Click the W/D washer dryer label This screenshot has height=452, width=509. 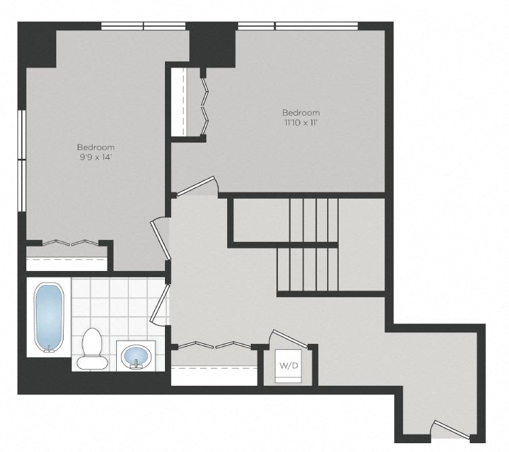tap(289, 366)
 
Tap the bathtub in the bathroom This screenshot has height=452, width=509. tap(49, 318)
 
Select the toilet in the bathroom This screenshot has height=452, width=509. tap(92, 349)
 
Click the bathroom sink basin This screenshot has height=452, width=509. tap(136, 355)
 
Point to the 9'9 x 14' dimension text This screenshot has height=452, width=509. tap(96, 157)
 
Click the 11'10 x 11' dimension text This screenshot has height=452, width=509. tap(301, 123)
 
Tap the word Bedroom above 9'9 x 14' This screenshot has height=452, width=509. tap(96, 147)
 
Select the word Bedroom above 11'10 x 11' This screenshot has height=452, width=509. tap(301, 113)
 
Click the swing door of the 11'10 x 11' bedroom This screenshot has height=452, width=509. tap(196, 186)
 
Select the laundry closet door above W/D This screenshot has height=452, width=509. tap(289, 338)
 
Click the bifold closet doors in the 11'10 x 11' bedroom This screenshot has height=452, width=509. tap(205, 106)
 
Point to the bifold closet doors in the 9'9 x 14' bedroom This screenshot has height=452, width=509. tap(70, 243)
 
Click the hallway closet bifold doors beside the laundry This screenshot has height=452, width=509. tap(214, 345)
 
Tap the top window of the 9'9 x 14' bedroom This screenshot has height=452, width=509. tap(143, 26)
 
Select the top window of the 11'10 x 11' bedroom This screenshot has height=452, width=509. tap(298, 26)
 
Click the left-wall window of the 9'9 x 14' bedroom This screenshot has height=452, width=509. tap(22, 161)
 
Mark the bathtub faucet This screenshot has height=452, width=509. tap(49, 349)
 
